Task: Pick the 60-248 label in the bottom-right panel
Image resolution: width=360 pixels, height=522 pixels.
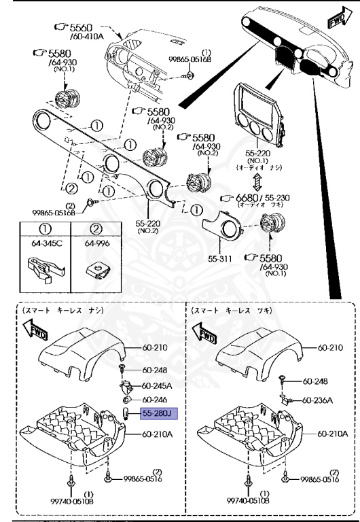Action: click(x=315, y=381)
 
